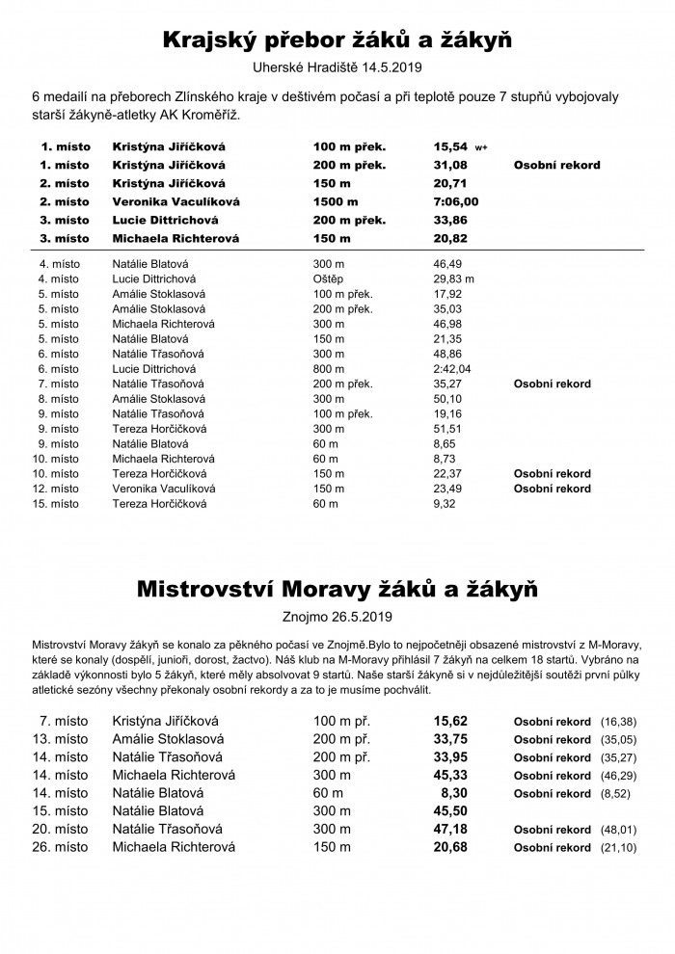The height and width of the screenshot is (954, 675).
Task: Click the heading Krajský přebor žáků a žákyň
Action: (337, 40)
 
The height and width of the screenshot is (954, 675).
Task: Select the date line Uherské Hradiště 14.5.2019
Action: (337, 68)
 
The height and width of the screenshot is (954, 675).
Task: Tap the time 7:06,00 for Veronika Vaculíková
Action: (456, 201)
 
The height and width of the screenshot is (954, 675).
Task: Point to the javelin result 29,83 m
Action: (454, 278)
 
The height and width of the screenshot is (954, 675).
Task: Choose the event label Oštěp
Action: (329, 278)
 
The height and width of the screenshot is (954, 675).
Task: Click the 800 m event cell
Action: (329, 368)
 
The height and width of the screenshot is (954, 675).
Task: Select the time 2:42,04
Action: (452, 368)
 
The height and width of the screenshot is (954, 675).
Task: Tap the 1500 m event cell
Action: (336, 201)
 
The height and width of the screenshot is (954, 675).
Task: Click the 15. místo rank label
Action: (59, 504)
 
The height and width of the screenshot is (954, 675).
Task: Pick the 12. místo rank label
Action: (59, 489)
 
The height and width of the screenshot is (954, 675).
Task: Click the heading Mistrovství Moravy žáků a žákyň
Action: (337, 587)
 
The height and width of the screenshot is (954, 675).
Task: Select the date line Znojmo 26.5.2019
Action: (337, 614)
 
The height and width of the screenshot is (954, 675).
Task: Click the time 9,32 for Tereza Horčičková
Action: (444, 504)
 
